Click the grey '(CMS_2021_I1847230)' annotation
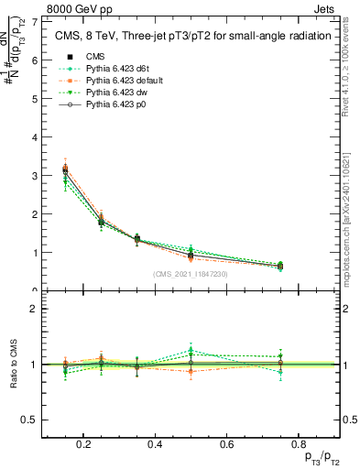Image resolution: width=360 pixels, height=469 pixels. [x=190, y=274]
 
